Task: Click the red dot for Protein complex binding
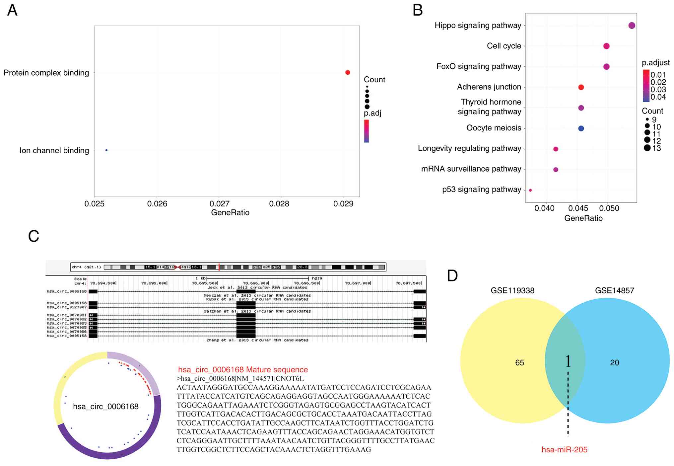coord(348,72)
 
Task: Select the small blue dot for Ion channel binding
coord(106,150)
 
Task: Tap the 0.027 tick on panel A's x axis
coord(219,203)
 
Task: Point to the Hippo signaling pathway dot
coord(632,26)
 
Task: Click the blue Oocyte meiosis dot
coord(581,128)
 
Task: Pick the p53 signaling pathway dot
coord(530,190)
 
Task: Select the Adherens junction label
coord(489,87)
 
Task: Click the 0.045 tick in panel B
coord(578,208)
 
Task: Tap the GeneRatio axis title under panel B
coord(583,218)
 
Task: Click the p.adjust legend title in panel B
coord(655,63)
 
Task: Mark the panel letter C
coord(34,236)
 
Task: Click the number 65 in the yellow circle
coord(519,363)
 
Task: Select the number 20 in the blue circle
coord(614,363)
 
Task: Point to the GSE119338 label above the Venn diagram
coord(512,291)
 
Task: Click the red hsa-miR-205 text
coord(564,450)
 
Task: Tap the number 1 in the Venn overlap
coord(568,361)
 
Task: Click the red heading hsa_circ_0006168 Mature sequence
coord(243,370)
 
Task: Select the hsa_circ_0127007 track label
coord(67,307)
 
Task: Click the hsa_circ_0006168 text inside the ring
coord(106,407)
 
